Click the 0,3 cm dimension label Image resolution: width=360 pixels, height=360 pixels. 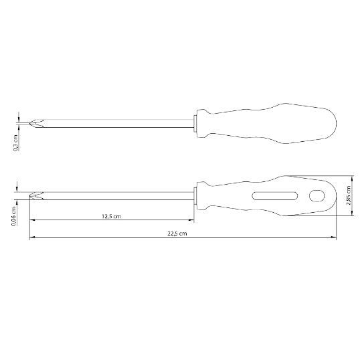pos(16,143)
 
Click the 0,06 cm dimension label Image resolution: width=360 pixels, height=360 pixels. pos(14,216)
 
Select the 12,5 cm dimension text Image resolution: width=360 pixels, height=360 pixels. pos(111,217)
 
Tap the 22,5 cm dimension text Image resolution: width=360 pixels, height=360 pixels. pos(177,234)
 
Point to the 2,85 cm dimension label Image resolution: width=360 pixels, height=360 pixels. pos(349,195)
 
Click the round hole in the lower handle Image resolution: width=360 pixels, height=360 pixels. pos(317,196)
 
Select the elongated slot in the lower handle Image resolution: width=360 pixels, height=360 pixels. pos(275,196)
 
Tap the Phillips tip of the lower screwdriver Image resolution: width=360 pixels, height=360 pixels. pos(37,195)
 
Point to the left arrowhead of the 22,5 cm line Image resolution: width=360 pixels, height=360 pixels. pos(32,237)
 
